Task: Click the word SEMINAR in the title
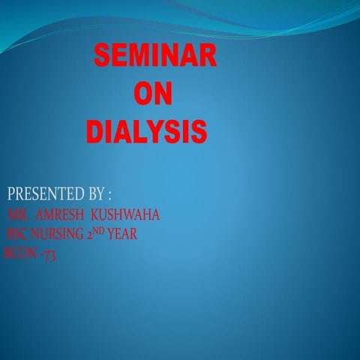(x=154, y=55)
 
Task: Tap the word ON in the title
(x=152, y=94)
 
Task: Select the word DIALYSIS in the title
(x=145, y=131)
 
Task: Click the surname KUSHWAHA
(x=125, y=216)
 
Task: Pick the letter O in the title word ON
(x=142, y=94)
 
